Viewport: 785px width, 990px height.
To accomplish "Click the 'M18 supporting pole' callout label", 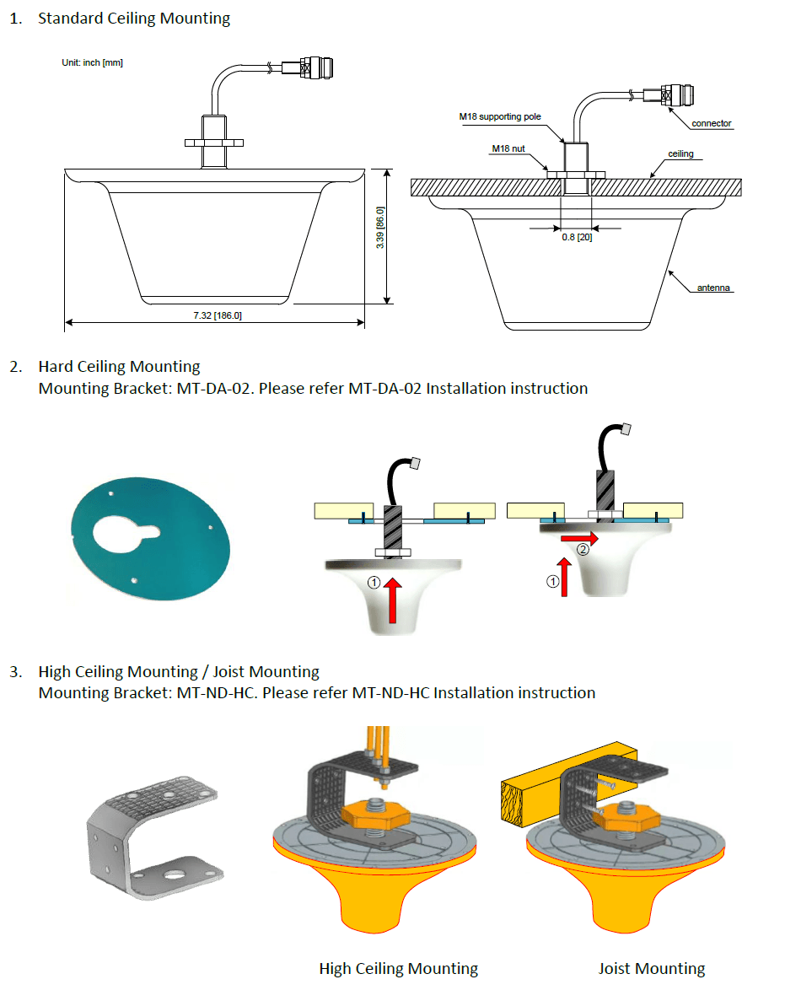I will tap(499, 117).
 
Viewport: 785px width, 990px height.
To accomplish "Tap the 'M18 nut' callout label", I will tap(508, 148).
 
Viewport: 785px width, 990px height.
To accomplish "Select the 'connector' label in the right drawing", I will tap(711, 124).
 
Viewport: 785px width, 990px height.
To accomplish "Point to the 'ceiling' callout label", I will tap(680, 154).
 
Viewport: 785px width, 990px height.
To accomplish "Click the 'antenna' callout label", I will tap(713, 288).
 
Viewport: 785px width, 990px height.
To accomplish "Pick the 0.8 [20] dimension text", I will tap(577, 238).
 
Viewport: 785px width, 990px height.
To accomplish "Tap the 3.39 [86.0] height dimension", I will tap(380, 228).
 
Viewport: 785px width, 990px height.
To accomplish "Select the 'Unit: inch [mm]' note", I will tap(93, 62).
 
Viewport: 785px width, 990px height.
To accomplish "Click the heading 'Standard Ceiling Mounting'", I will tap(134, 18).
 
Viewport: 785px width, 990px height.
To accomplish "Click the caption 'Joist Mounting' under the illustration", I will tap(652, 968).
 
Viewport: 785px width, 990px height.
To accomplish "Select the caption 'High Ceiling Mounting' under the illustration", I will tap(398, 968).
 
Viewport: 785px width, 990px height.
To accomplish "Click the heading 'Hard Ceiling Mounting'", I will tap(119, 367).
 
